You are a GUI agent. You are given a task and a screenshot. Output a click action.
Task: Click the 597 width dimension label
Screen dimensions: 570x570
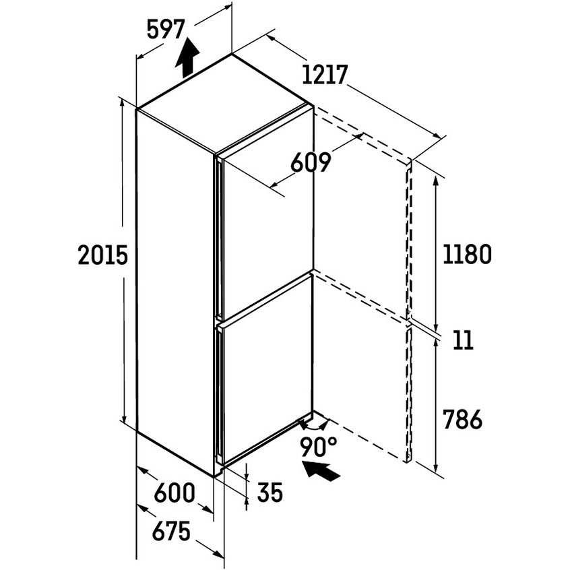tap(166, 30)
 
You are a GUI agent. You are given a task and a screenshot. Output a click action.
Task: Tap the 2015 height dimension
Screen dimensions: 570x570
tap(103, 255)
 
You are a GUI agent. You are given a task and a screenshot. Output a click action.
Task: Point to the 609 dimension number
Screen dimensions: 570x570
tap(311, 162)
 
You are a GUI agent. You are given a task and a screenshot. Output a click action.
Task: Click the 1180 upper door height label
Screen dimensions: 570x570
tap(467, 254)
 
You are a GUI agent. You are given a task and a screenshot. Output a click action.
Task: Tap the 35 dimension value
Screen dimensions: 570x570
tap(270, 493)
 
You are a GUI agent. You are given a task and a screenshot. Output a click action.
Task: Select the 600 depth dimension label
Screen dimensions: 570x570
tap(175, 493)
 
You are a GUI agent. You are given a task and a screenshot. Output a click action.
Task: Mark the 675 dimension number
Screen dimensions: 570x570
tap(171, 531)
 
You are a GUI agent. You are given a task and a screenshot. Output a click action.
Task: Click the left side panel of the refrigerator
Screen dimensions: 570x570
tap(175, 291)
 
